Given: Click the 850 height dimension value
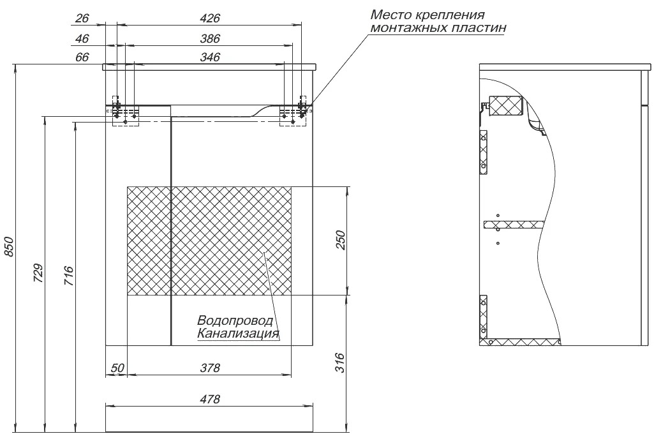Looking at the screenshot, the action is tap(9, 246).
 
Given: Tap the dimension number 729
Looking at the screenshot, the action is tap(38, 273).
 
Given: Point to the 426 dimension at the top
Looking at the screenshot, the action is tap(209, 19).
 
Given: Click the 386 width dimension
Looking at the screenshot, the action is tap(209, 38).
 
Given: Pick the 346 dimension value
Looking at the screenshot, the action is tap(209, 57).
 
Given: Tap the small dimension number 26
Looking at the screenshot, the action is tap(82, 19).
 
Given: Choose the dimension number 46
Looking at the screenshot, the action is tap(82, 38).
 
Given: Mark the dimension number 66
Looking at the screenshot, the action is tap(82, 57).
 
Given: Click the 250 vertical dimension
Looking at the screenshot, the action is tap(341, 240).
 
